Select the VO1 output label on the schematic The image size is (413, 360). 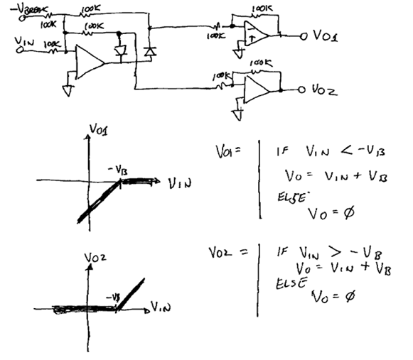[323, 35]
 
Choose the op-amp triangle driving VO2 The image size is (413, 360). [255, 87]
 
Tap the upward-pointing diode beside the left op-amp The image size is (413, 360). [149, 51]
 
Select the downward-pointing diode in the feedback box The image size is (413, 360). [120, 51]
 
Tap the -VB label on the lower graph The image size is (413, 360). [110, 296]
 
